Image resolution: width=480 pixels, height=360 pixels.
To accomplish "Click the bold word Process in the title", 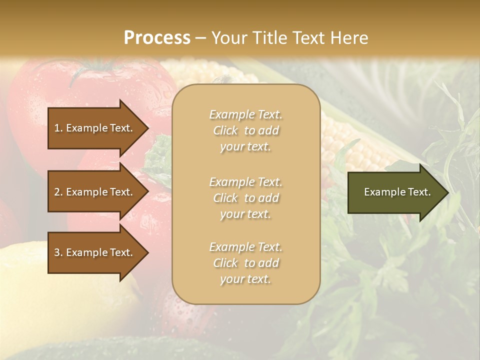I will click(157, 38).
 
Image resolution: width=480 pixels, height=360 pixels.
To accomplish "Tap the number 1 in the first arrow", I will click(57, 128).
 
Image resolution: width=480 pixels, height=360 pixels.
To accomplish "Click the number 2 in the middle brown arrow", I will click(57, 192).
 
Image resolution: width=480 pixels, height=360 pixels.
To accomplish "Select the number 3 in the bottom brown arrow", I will click(57, 252).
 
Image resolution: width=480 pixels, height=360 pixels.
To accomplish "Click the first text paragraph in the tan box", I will click(245, 130).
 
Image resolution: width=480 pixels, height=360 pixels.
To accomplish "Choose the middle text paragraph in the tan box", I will click(245, 198).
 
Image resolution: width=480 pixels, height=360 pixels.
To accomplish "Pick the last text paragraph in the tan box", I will click(245, 263).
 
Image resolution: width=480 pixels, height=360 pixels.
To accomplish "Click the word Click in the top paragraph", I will click(225, 130).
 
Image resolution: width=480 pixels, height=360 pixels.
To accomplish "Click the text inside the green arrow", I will click(397, 192).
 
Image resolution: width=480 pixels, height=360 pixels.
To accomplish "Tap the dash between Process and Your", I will click(200, 38).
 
